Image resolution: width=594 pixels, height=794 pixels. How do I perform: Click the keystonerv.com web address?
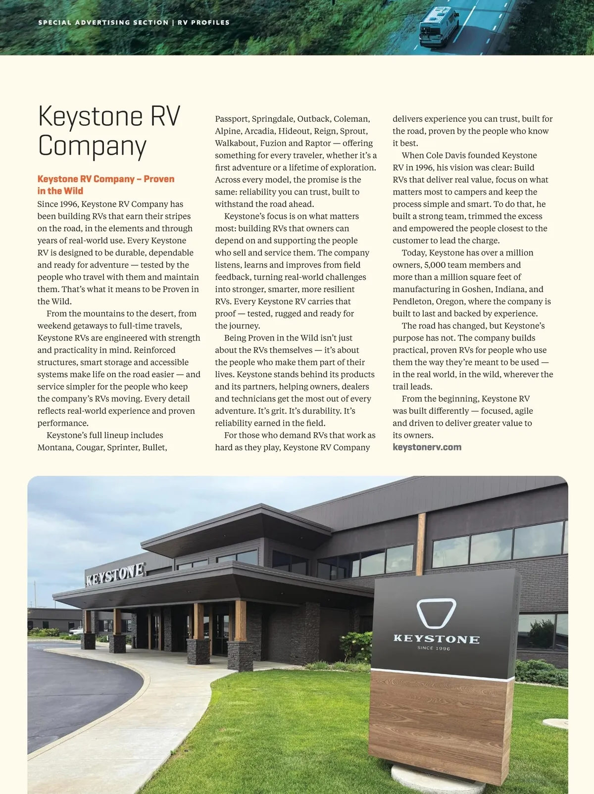427,447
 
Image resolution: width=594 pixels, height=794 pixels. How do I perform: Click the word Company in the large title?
92,146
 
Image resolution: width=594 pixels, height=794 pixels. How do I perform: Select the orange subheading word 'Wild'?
73,191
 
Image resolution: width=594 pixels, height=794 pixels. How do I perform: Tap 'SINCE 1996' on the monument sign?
434,648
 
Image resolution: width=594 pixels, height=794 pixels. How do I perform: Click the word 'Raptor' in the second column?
318,143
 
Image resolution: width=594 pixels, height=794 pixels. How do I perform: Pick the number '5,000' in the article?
435,265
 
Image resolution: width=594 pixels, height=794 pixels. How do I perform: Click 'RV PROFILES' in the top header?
203,22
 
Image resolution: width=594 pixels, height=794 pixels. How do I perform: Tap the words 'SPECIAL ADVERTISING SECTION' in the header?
103,22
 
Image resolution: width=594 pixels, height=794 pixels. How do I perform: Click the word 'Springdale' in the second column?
272,119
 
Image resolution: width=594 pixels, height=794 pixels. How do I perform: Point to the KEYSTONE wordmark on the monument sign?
436,639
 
